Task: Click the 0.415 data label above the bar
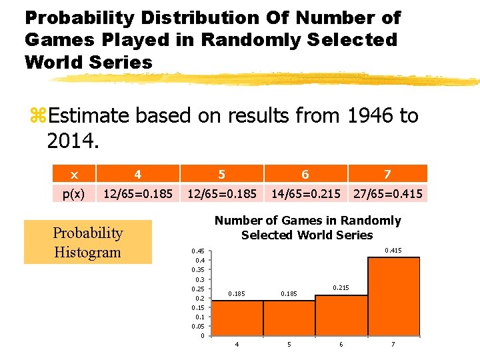pyautogui.click(x=393, y=251)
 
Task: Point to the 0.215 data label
pyautogui.click(x=341, y=288)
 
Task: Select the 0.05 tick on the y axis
pyautogui.click(x=198, y=327)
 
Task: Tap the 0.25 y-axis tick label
pyautogui.click(x=198, y=289)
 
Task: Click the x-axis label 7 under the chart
pyautogui.click(x=393, y=345)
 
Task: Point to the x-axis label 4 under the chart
pyautogui.click(x=237, y=345)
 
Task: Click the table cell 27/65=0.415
pyautogui.click(x=387, y=193)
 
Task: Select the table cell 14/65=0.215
pyautogui.click(x=305, y=193)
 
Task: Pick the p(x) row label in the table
pyautogui.click(x=73, y=193)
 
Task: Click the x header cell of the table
pyautogui.click(x=73, y=174)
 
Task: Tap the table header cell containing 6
pyautogui.click(x=305, y=174)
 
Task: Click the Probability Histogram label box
pyautogui.click(x=88, y=242)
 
